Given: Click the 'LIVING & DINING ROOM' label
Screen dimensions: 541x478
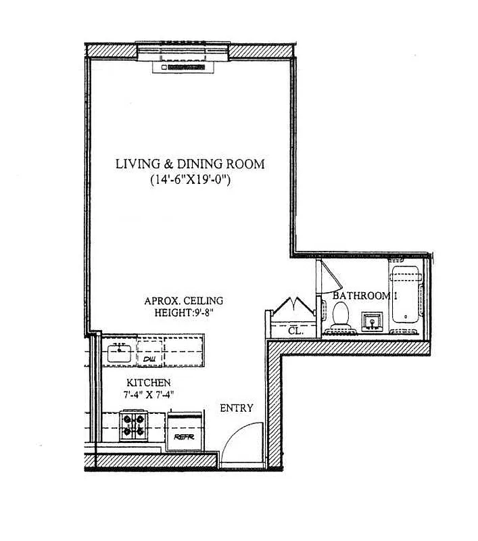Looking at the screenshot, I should pyautogui.click(x=189, y=164).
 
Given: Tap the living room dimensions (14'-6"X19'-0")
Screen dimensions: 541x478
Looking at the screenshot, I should pyautogui.click(x=189, y=181).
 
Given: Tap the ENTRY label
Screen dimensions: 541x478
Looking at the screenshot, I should pyautogui.click(x=237, y=408).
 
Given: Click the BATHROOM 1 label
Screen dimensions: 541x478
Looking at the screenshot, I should pyautogui.click(x=364, y=296).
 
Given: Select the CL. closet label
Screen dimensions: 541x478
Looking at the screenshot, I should pyautogui.click(x=296, y=331).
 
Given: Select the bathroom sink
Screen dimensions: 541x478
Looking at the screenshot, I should pyautogui.click(x=371, y=319).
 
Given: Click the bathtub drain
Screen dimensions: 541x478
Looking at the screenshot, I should pyautogui.click(x=405, y=316).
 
